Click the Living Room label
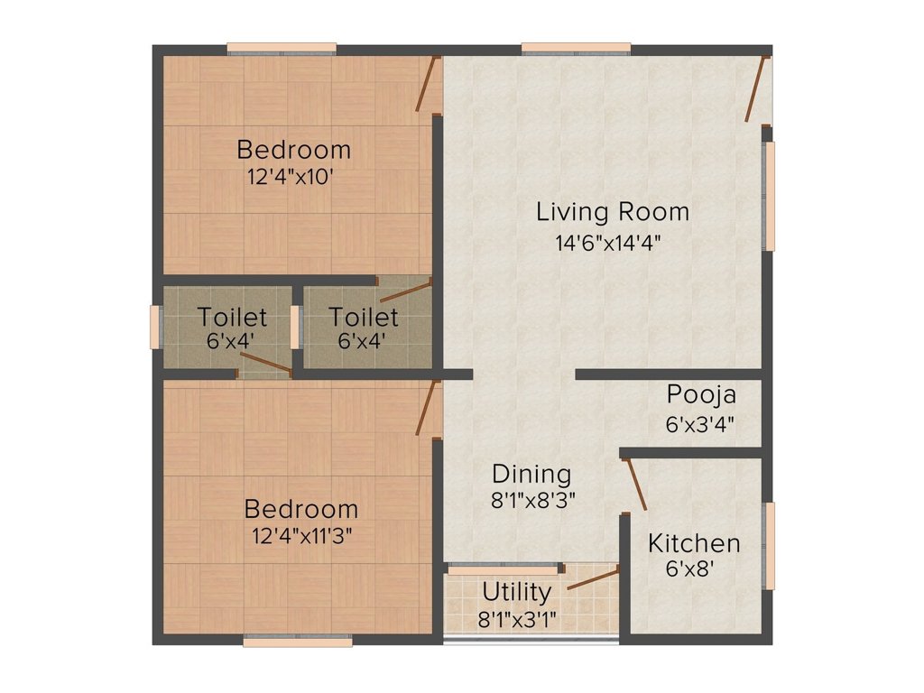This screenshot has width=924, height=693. (613, 213)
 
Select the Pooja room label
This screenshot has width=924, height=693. (701, 394)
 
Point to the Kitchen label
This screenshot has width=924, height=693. (694, 543)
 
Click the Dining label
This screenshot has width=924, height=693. (531, 474)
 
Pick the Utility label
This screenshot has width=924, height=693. (516, 593)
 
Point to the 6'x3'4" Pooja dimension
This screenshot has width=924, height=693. (700, 423)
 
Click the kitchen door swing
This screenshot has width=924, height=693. (634, 485)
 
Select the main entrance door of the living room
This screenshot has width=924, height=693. (756, 88)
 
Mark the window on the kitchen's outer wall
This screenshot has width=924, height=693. (769, 546)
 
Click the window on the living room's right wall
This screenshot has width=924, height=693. (769, 196)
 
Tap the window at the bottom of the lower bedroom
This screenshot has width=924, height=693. (297, 642)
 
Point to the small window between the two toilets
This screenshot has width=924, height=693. (295, 327)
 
